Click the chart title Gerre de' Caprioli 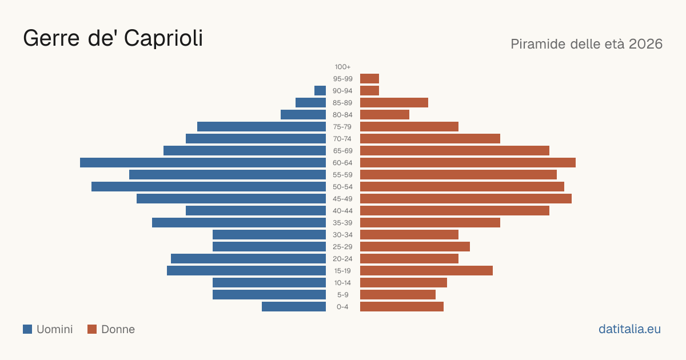tap(113, 38)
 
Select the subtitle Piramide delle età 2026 tap(587, 44)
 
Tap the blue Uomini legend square tap(27, 329)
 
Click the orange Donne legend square tap(92, 329)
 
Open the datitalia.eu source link tap(629, 329)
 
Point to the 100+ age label tap(342, 67)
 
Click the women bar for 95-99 tap(370, 79)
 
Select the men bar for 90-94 tap(320, 91)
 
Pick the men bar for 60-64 tap(203, 162)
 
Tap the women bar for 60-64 tap(468, 162)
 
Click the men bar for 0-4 tap(294, 306)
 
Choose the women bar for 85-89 tap(394, 102)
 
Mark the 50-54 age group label tap(342, 187)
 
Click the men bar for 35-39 tap(239, 222)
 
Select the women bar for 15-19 tap(426, 271)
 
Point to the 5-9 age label tap(342, 295)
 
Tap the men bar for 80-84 tap(303, 114)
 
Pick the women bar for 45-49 tap(466, 199)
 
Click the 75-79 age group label tap(342, 127)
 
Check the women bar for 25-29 tap(415, 247)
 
